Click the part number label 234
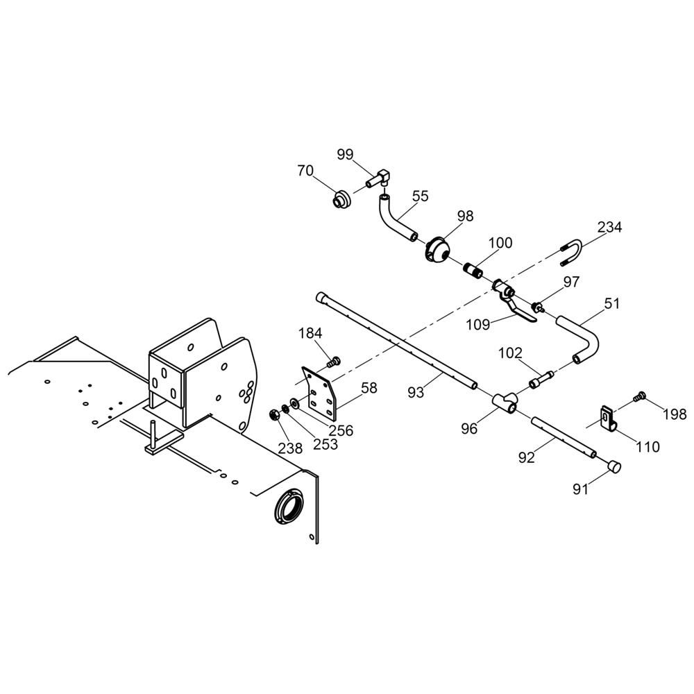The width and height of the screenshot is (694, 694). click(x=609, y=227)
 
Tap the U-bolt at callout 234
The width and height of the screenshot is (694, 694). click(x=571, y=253)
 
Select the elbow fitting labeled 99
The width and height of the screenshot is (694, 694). click(x=378, y=178)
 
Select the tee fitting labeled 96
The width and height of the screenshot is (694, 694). click(x=505, y=401)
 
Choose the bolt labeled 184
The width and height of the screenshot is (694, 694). click(x=334, y=362)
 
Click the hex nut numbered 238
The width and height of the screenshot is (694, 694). click(x=274, y=415)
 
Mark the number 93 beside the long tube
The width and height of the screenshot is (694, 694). click(x=416, y=392)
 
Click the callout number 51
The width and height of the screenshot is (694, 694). click(x=612, y=304)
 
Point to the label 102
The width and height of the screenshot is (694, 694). click(x=510, y=353)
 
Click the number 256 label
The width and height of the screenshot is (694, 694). click(x=341, y=430)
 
